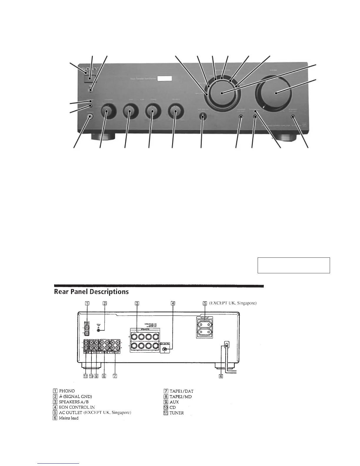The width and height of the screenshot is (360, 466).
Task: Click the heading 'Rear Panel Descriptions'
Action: point(91,292)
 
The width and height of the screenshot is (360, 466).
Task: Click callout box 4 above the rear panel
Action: point(173,303)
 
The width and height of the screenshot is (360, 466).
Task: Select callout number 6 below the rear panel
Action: point(221,376)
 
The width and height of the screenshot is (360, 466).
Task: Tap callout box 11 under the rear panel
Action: point(86,376)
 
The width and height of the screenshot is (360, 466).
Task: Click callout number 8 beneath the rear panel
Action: point(104,376)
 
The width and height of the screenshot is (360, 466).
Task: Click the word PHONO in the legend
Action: point(67,391)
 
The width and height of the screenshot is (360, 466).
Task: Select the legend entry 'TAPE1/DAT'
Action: point(181,391)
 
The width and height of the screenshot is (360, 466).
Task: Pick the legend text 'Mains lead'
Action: point(69,418)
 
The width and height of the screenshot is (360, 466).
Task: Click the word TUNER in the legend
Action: point(176,413)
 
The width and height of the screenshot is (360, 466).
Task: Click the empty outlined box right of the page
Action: point(294,265)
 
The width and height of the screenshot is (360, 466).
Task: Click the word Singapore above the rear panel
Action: point(247,303)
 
